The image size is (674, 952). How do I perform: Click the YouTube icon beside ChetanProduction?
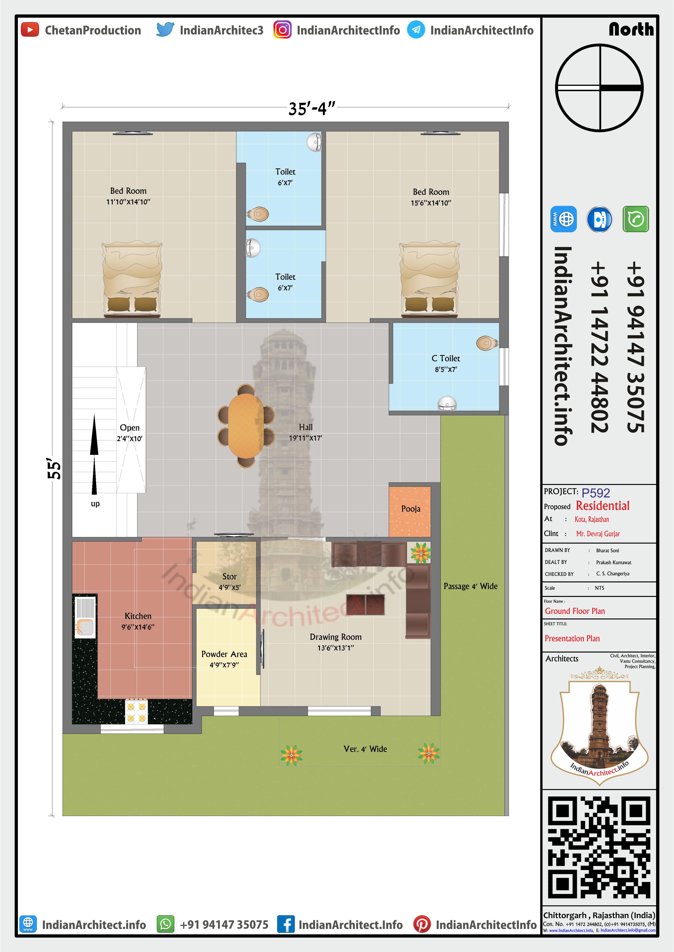tap(30, 30)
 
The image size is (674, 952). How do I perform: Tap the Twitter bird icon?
tap(165, 30)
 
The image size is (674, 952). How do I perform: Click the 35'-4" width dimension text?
tap(312, 109)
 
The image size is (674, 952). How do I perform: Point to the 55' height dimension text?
tap(54, 468)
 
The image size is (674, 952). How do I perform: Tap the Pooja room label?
tap(411, 509)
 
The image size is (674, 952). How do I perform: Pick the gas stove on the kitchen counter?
tap(137, 712)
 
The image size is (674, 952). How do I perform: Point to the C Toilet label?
tap(446, 358)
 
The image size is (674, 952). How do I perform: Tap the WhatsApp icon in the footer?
tap(165, 925)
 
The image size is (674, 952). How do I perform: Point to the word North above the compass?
tap(631, 29)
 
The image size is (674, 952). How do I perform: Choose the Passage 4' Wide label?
tap(470, 586)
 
